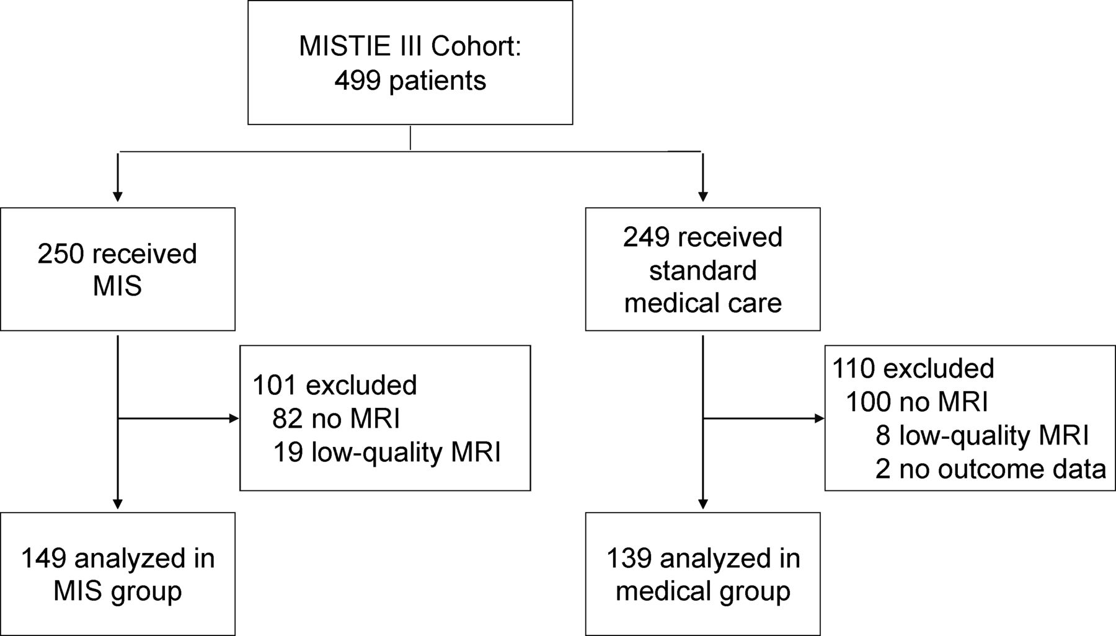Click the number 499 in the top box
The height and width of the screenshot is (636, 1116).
[358, 81]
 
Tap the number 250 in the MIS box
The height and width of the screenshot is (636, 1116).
[61, 254]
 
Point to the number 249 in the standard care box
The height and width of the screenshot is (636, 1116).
[647, 237]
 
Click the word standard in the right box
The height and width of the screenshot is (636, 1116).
[702, 270]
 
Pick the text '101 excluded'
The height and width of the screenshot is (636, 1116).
[334, 386]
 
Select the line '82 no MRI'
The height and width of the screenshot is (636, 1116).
[336, 419]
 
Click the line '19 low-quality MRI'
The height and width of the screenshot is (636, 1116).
[387, 453]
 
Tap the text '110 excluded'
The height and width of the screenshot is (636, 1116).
[913, 369]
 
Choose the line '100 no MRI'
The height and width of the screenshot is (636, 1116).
[916, 402]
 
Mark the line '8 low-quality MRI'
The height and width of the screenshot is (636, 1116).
[982, 436]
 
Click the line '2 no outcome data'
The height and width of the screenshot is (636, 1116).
[991, 469]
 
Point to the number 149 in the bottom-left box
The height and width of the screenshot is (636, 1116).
[43, 559]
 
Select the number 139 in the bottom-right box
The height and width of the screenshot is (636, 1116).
[629, 559]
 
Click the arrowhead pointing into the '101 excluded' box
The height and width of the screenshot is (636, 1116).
[234, 418]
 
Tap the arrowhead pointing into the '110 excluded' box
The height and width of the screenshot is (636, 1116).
[820, 418]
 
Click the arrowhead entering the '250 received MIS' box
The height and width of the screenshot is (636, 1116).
[118, 197]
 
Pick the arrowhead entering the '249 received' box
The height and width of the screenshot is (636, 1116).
[702, 197]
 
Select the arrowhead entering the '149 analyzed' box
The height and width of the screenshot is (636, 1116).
[118, 504]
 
